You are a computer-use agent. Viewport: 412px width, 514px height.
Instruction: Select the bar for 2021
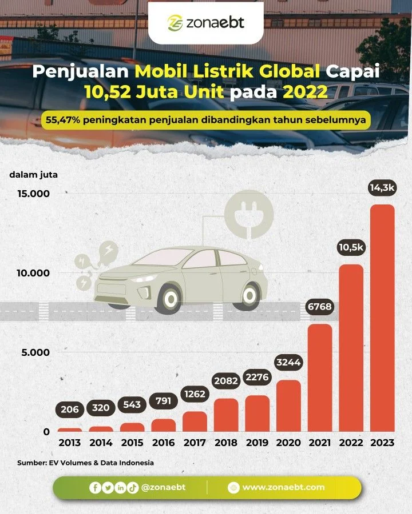(320, 378)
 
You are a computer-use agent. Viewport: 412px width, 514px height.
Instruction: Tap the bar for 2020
(288, 405)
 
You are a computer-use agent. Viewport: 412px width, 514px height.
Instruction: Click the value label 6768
(320, 308)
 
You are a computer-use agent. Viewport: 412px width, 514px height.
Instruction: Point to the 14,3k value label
(382, 187)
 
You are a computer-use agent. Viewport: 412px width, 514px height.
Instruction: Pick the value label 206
(70, 409)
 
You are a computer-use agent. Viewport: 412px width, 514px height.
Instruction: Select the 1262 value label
(195, 393)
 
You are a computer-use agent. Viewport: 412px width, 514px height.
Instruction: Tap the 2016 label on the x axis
(164, 443)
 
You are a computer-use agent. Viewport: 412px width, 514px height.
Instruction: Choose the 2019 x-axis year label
(257, 443)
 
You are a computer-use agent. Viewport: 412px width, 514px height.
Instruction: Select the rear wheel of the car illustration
(249, 295)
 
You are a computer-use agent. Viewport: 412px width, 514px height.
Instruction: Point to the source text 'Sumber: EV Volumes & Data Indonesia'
(85, 463)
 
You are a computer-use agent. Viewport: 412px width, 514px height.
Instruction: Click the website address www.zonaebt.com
(283, 487)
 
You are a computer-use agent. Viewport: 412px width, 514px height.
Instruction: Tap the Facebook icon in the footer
(94, 488)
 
